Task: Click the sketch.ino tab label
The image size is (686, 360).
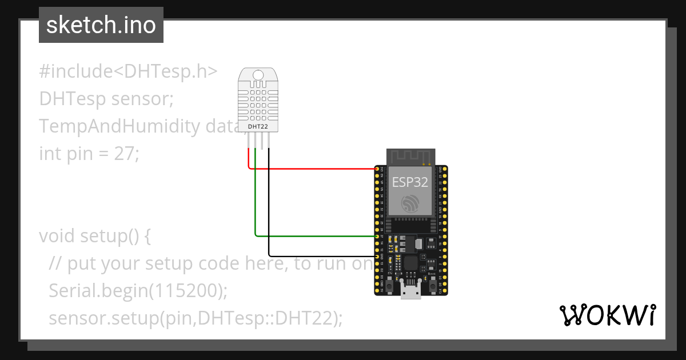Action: tap(101, 25)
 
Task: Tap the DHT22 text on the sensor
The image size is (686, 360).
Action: tap(258, 126)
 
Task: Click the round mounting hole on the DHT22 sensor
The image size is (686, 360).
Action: tap(258, 74)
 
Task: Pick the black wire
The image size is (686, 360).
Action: tap(314, 255)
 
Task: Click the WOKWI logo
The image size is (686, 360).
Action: tap(607, 315)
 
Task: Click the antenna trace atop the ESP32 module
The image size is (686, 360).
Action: tap(411, 155)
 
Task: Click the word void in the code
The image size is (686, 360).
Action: tap(58, 235)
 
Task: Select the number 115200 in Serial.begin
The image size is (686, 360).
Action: tap(186, 290)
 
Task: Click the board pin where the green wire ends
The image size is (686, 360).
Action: tap(377, 235)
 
